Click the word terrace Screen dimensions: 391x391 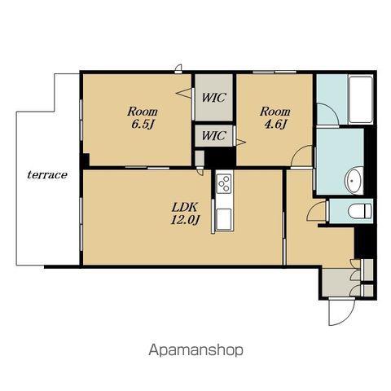tap(47, 175)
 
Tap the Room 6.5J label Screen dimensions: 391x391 tap(143, 118)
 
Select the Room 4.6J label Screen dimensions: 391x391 tap(275, 118)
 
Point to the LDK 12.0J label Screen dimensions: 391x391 tap(185, 213)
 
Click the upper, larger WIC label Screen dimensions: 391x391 tap(214, 98)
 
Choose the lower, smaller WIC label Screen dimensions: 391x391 tap(214, 135)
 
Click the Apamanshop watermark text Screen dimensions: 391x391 tap(195, 350)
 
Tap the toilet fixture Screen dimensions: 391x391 tap(360, 211)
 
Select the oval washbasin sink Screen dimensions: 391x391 tap(354, 181)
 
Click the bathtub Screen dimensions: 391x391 tap(361, 99)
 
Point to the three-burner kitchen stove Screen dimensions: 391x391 tap(224, 183)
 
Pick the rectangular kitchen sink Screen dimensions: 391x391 tap(224, 219)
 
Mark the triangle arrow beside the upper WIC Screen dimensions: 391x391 tap(184, 93)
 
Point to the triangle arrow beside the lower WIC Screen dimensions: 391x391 tap(240, 142)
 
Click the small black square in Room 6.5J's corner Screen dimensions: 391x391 tap(86, 160)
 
